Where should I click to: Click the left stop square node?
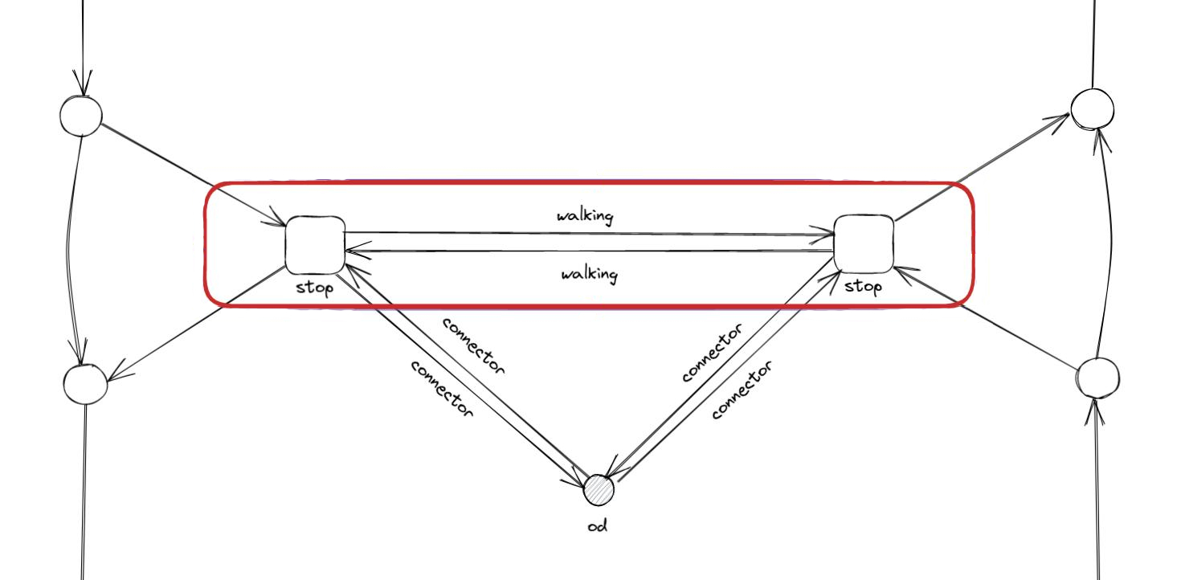315,245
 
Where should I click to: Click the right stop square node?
864,243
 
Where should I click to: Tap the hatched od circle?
598,490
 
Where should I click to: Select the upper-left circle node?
81,116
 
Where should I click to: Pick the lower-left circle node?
86,383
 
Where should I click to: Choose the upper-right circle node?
1093,109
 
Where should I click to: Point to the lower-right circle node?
1097,378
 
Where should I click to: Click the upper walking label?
585,216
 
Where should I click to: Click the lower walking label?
589,275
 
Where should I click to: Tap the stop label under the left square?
314,287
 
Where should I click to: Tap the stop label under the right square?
863,286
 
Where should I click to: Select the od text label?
597,526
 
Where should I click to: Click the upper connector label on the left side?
474,346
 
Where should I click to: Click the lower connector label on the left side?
442,389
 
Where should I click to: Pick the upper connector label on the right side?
713,353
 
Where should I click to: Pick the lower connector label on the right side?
742,390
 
